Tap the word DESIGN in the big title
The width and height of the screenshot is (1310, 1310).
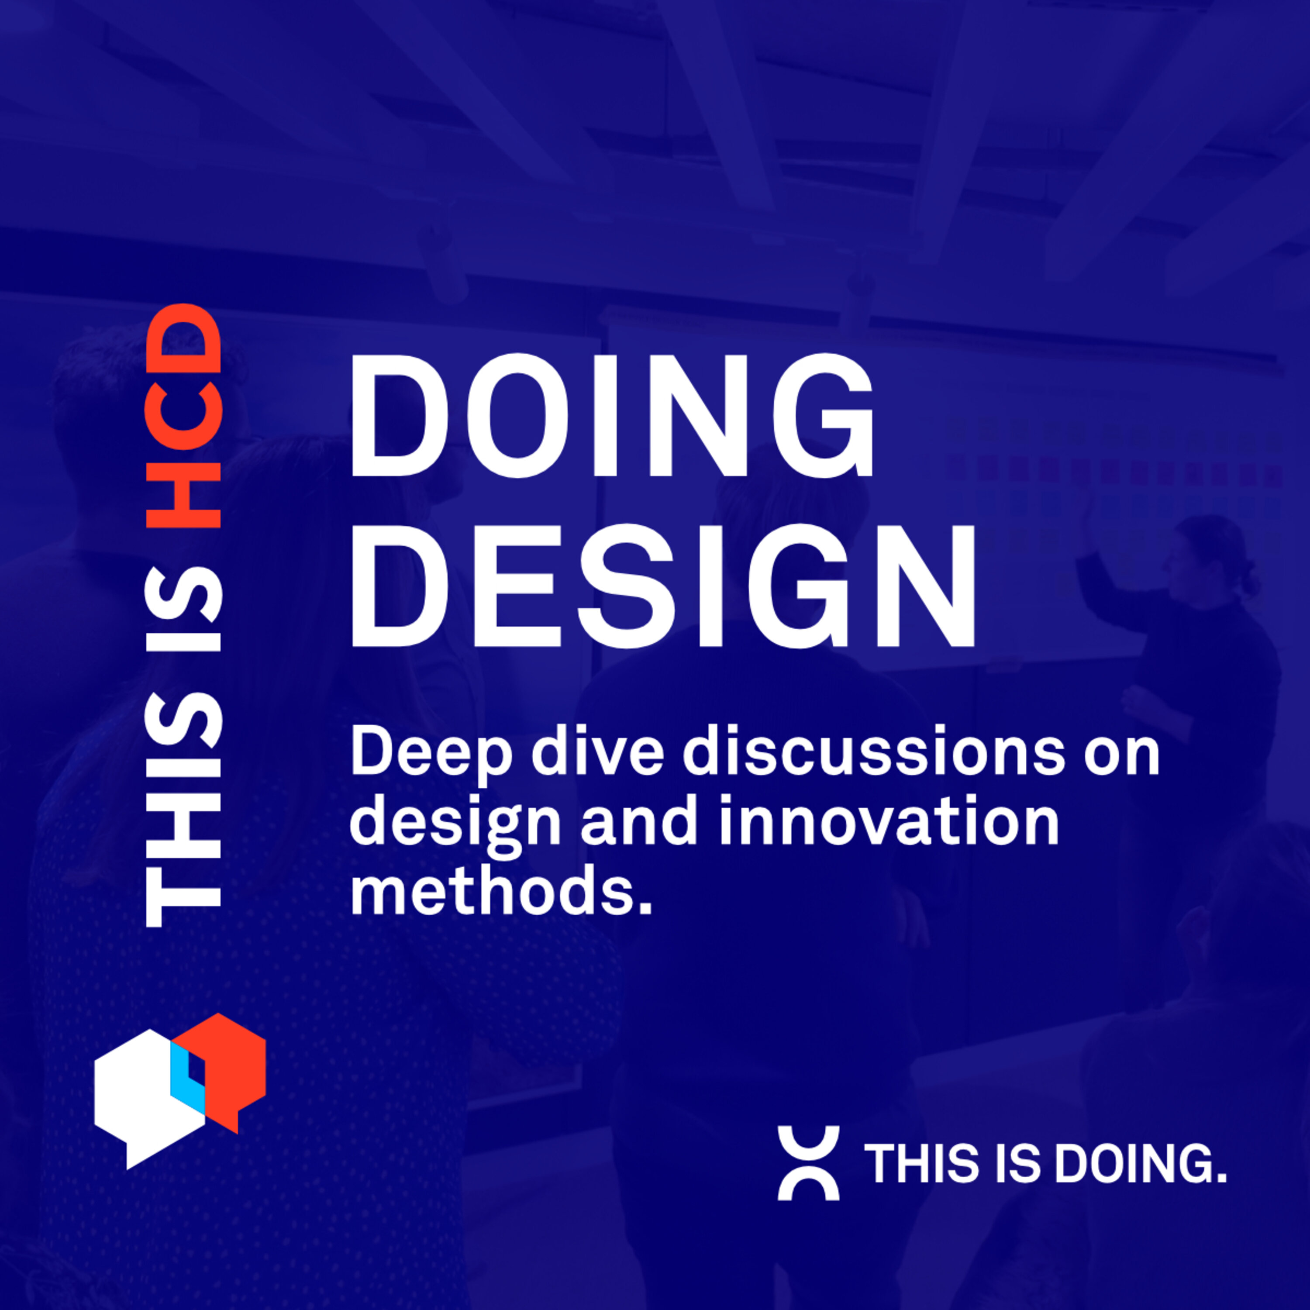coord(661,586)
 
